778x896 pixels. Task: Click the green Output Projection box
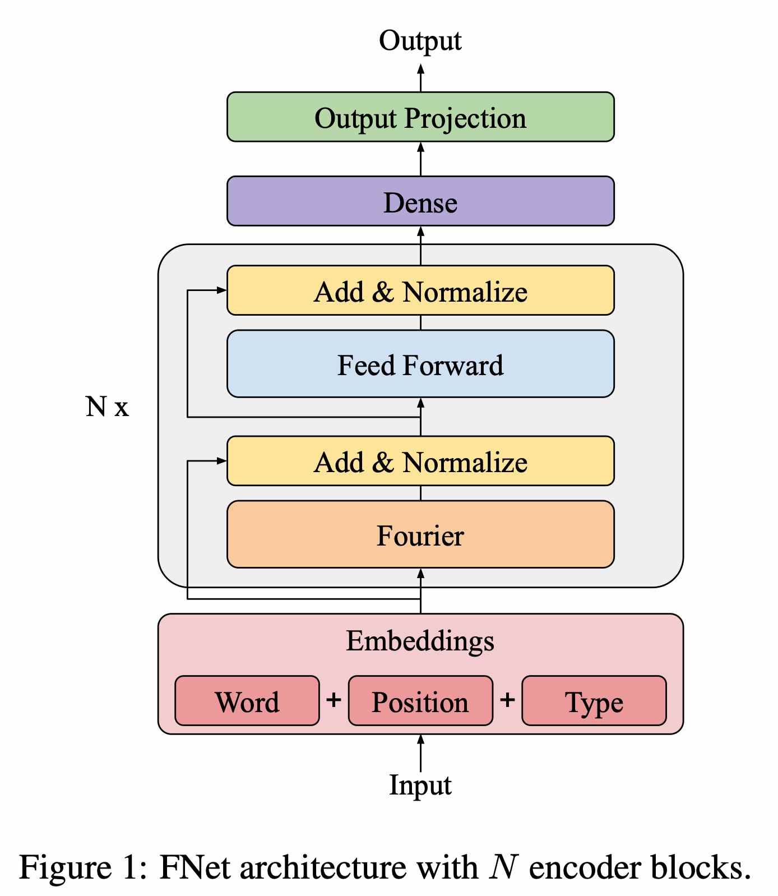[420, 117]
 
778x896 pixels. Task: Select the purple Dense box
[420, 201]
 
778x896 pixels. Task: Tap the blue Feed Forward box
[420, 364]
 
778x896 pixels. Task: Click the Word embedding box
[247, 701]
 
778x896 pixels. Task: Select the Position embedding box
[420, 701]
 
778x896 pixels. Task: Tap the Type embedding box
[594, 701]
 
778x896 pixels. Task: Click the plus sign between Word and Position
[334, 700]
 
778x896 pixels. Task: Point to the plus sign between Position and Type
[507, 700]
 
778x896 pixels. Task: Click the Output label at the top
[420, 41]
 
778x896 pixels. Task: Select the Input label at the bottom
[420, 785]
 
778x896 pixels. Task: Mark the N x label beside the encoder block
[106, 407]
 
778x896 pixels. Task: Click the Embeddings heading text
[420, 641]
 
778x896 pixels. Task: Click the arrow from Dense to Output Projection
[421, 159]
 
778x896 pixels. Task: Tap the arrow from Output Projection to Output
[421, 77]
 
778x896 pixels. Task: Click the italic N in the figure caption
[503, 867]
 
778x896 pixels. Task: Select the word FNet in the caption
[194, 867]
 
